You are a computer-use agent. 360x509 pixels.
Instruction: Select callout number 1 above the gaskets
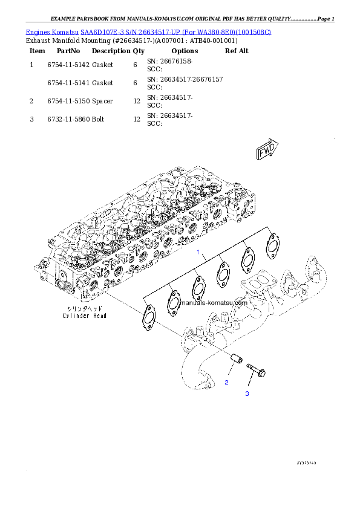pos(197,251)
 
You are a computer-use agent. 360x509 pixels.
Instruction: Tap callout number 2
pos(227,383)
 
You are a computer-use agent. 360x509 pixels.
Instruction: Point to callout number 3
pos(246,394)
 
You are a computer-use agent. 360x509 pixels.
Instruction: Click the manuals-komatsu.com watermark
pos(214,303)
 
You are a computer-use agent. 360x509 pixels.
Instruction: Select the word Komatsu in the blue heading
pos(66,31)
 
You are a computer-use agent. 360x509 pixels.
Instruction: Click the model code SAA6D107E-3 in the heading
pos(105,31)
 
